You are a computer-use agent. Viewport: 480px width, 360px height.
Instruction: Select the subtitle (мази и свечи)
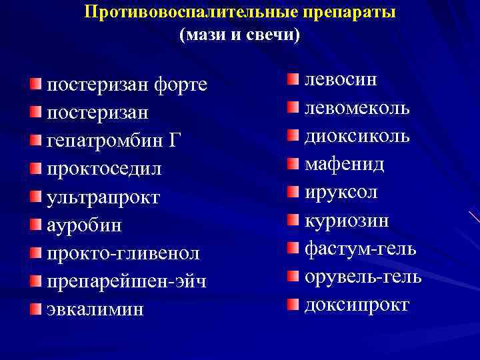tap(240, 35)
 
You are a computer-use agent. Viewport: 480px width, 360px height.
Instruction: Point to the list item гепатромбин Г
tap(114, 141)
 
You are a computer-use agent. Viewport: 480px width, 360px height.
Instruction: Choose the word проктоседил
tap(105, 169)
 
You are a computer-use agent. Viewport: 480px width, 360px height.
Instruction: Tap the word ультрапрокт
tap(104, 197)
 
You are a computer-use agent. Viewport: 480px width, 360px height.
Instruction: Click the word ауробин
tap(85, 225)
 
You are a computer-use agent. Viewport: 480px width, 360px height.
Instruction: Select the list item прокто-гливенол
tap(123, 253)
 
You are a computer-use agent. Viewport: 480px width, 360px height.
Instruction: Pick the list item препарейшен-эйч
tap(127, 281)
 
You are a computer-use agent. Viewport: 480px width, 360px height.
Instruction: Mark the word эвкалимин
tap(95, 309)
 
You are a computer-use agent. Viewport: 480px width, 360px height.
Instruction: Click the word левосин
tap(341, 80)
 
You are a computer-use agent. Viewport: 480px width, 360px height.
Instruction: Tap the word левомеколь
tap(357, 108)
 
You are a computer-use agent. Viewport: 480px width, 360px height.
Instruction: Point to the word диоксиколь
tap(357, 136)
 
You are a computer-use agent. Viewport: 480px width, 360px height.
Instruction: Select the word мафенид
tap(345, 164)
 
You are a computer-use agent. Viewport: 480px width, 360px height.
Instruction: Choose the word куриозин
tap(347, 220)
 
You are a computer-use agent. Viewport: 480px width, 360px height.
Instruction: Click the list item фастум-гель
tap(361, 249)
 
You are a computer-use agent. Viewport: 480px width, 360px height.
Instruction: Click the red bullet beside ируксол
tap(294, 192)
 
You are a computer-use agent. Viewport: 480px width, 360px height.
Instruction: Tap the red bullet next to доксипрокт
tap(294, 305)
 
